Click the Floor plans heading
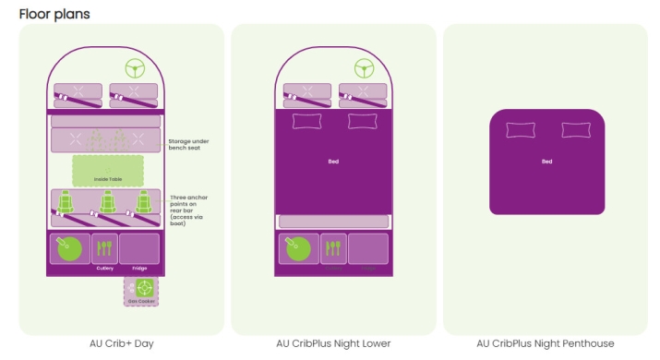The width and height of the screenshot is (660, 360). [x=54, y=14]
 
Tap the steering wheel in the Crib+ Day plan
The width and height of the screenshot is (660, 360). [x=136, y=68]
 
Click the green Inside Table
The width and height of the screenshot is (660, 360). [x=108, y=171]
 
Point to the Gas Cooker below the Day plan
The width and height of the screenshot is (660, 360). [x=141, y=290]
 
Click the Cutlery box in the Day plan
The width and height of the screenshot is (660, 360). [x=104, y=249]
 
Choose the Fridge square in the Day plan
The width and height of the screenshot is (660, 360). [x=139, y=249]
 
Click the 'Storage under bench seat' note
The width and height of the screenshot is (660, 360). [x=192, y=145]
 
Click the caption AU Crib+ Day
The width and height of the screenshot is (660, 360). [x=121, y=343]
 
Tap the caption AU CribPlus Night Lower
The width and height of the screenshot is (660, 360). [x=333, y=343]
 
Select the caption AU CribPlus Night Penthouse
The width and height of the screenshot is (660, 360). [x=546, y=343]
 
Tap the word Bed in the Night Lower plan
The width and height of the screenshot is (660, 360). [x=333, y=162]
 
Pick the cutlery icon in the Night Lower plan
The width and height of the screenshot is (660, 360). [x=333, y=246]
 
